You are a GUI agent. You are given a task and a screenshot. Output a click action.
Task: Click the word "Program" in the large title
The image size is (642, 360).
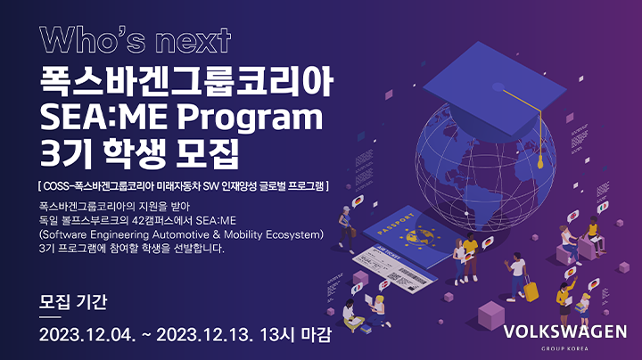pos(251,119)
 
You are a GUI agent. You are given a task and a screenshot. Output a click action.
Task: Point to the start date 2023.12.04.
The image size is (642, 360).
pos(87,335)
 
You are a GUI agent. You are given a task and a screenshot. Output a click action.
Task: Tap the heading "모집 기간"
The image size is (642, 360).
pos(73,302)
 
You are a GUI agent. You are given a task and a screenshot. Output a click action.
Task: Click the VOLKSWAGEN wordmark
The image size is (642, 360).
pos(565,331)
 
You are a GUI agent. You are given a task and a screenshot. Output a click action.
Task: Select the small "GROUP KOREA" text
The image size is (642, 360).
pos(564,349)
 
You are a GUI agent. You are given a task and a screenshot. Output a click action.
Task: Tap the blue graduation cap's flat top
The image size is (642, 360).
pos(495,89)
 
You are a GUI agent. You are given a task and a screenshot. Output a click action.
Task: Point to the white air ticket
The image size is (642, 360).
pos(394,268)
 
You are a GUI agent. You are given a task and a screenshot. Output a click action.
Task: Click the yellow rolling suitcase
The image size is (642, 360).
pos(531,290)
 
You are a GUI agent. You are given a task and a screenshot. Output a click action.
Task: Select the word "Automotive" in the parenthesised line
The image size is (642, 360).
pos(181,235)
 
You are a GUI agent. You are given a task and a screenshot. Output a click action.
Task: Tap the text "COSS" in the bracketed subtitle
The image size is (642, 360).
pos(56,186)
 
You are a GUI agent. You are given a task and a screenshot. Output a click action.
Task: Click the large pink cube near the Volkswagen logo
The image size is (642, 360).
pos(491,315)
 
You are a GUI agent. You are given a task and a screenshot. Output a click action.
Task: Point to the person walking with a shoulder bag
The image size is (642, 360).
pos(346,229)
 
